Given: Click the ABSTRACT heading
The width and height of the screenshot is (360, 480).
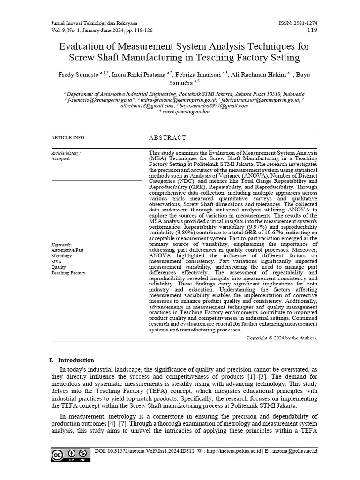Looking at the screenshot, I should (167, 138).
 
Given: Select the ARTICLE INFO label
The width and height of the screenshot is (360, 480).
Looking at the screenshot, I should (67, 138).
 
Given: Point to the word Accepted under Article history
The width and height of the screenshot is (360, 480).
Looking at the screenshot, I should (60, 159).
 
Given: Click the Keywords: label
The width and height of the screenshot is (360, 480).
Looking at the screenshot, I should (62, 245).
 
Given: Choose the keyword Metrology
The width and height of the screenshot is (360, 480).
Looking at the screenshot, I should (62, 256).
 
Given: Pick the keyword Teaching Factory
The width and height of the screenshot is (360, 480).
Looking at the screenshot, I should (68, 273).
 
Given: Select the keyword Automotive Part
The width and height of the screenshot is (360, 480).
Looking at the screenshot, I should (68, 250).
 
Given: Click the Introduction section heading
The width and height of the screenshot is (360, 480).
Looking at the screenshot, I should (75, 360).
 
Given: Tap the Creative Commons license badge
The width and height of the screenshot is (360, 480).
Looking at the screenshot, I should (70, 455).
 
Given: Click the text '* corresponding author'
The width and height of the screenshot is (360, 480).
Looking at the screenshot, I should (184, 112).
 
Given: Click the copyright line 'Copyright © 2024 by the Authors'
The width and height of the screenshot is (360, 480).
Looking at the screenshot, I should (281, 337).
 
